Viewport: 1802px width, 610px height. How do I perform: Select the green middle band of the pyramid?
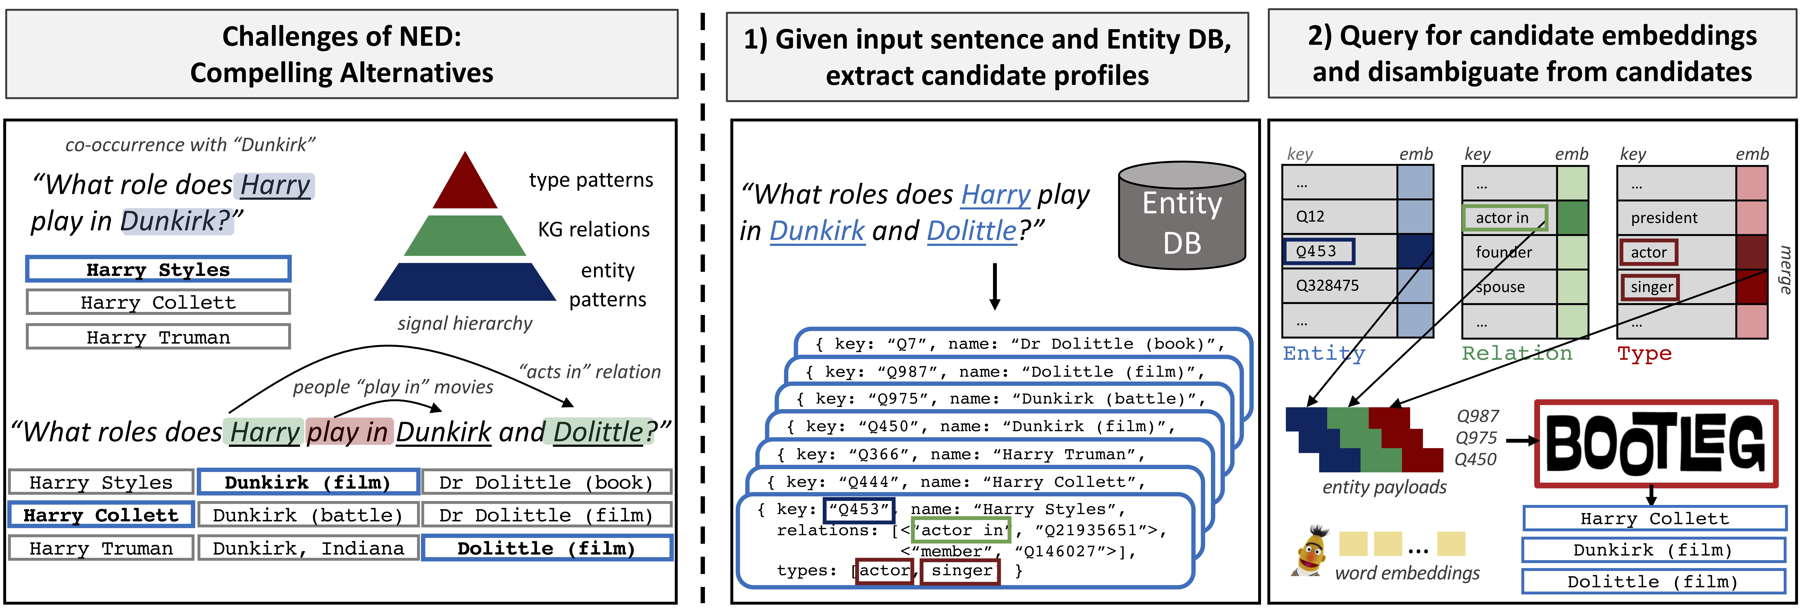coord(465,236)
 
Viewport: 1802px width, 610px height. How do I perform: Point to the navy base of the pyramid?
coord(465,283)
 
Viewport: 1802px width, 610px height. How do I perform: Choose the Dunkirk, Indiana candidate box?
coord(308,548)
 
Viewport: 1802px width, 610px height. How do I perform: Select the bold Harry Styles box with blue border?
coord(158,269)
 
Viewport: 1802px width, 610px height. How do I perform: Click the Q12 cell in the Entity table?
coord(1310,216)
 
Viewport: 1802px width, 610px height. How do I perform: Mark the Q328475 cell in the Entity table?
coord(1327,285)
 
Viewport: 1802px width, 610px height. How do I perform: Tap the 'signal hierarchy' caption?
coord(465,323)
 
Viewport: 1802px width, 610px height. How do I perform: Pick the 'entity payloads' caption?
coord(1384,487)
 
